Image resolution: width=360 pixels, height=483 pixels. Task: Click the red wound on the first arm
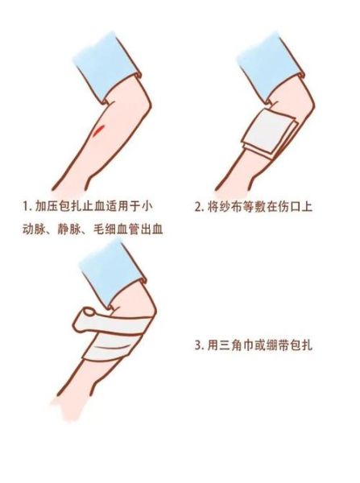click(97, 129)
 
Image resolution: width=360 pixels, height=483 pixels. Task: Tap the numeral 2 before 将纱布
click(199, 206)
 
